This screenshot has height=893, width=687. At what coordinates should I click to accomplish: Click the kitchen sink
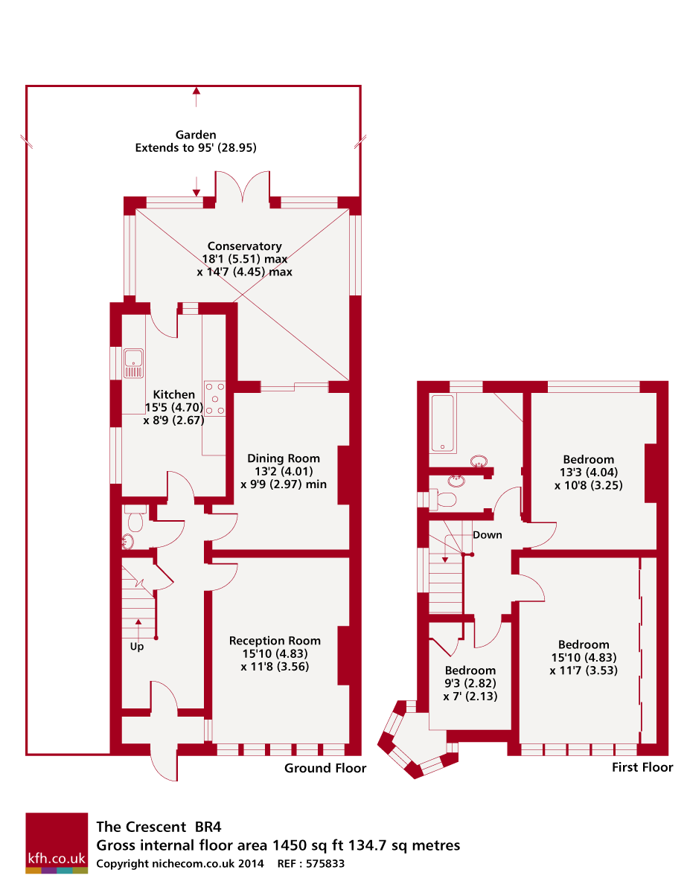[x=133, y=363]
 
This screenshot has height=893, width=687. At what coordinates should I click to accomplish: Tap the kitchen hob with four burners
[x=214, y=399]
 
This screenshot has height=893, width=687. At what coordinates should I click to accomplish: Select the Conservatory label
[x=244, y=246]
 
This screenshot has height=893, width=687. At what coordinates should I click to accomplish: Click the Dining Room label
[x=283, y=458]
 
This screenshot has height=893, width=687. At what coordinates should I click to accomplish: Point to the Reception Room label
[x=275, y=641]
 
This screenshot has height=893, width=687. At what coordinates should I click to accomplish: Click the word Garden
[x=196, y=135]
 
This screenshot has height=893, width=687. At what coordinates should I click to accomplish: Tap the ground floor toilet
[x=135, y=518]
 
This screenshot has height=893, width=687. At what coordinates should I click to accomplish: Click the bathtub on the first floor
[x=443, y=423]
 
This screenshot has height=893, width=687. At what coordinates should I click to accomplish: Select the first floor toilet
[x=443, y=499]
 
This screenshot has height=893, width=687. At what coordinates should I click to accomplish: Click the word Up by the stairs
[x=137, y=647]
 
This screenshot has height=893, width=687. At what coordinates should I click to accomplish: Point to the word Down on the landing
[x=487, y=534]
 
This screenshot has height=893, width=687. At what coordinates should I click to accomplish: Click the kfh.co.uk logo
[x=57, y=843]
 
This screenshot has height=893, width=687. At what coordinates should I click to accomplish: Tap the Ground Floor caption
[x=325, y=768]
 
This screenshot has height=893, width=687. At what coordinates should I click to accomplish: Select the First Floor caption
[x=642, y=767]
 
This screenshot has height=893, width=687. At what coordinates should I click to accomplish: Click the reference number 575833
[x=325, y=863]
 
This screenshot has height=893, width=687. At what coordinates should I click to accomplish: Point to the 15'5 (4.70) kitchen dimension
[x=174, y=407]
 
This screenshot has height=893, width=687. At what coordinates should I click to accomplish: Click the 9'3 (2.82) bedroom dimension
[x=470, y=683]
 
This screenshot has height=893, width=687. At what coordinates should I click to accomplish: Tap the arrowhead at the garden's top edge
[x=196, y=91]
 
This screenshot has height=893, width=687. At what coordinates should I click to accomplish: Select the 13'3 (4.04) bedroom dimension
[x=589, y=473]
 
